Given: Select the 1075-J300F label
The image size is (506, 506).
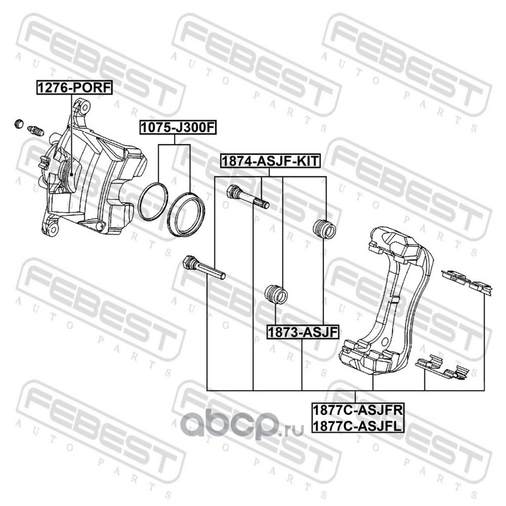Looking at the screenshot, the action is (178, 128).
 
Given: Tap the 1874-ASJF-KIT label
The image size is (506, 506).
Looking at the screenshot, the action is (270, 161).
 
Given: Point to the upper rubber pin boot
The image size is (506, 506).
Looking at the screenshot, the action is (324, 229).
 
